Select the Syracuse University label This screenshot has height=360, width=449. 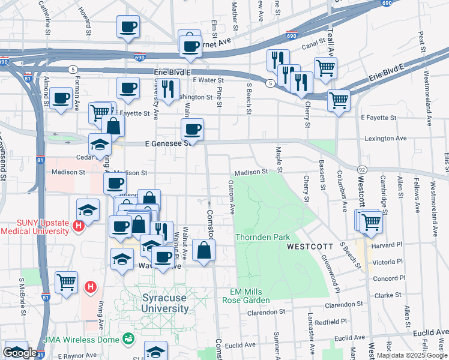pos(165,303)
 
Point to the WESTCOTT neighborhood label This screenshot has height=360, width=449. pos(309,247)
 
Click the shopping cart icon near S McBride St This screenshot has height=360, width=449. pos(66,281)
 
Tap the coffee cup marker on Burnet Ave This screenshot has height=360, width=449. pos(191,47)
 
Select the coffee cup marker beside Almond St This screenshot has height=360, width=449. pos(60,98)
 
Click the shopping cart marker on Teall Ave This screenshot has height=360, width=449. pos(325,68)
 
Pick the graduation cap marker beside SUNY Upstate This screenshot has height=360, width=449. pos(88,210)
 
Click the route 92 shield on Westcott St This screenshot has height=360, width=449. pos(362,170)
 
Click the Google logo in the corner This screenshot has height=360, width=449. pos(20,353)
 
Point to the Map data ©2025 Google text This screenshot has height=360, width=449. pos(411,355)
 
